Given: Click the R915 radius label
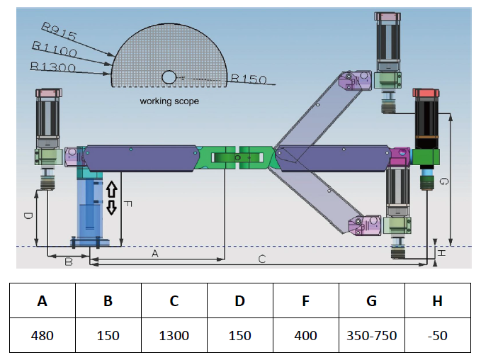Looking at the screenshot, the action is click(59, 31).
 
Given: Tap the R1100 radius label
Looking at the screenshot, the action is click(55, 49).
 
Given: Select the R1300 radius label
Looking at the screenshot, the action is click(52, 67).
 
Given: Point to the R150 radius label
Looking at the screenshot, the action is click(249, 79).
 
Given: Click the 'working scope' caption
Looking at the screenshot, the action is click(169, 101).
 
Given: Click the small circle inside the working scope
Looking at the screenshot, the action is click(169, 77).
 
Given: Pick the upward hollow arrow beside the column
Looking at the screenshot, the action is click(112, 189).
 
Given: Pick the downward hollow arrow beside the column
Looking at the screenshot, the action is click(112, 208).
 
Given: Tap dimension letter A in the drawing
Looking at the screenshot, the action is click(155, 254).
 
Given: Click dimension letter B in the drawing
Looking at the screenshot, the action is click(69, 261).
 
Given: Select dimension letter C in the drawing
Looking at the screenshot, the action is click(262, 259).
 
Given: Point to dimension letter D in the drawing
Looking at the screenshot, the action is click(28, 215).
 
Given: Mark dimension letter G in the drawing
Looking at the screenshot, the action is click(443, 181).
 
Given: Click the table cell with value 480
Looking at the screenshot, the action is click(43, 335).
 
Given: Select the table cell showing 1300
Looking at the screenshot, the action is click(174, 335).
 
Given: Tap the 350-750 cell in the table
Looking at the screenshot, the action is click(372, 335).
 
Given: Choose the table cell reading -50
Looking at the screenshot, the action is click(438, 335).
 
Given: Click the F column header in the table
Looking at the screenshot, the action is click(306, 300).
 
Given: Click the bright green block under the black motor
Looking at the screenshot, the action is click(426, 157).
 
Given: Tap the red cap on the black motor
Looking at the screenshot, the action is click(426, 93).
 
